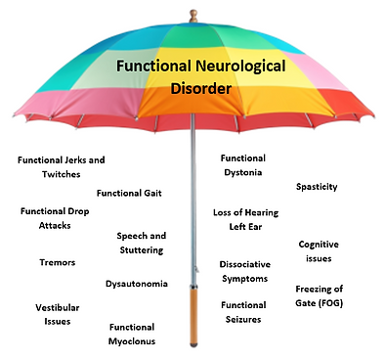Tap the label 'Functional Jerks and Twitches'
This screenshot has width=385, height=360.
(62, 166)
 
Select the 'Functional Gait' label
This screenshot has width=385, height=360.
(129, 192)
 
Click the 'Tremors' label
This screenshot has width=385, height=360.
(58, 262)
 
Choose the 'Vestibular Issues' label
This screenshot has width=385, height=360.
(57, 313)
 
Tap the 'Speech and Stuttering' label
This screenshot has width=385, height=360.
(141, 243)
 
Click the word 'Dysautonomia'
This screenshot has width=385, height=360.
(136, 284)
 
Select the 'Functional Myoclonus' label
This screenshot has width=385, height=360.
(132, 334)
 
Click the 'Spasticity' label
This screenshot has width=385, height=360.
(317, 186)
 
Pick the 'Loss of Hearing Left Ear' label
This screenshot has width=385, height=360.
(241, 218)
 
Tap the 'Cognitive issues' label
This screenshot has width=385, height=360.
(318, 250)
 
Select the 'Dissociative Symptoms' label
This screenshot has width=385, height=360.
(244, 271)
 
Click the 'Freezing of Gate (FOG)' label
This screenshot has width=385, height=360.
(320, 295)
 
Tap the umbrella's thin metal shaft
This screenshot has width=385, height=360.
(192, 196)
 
